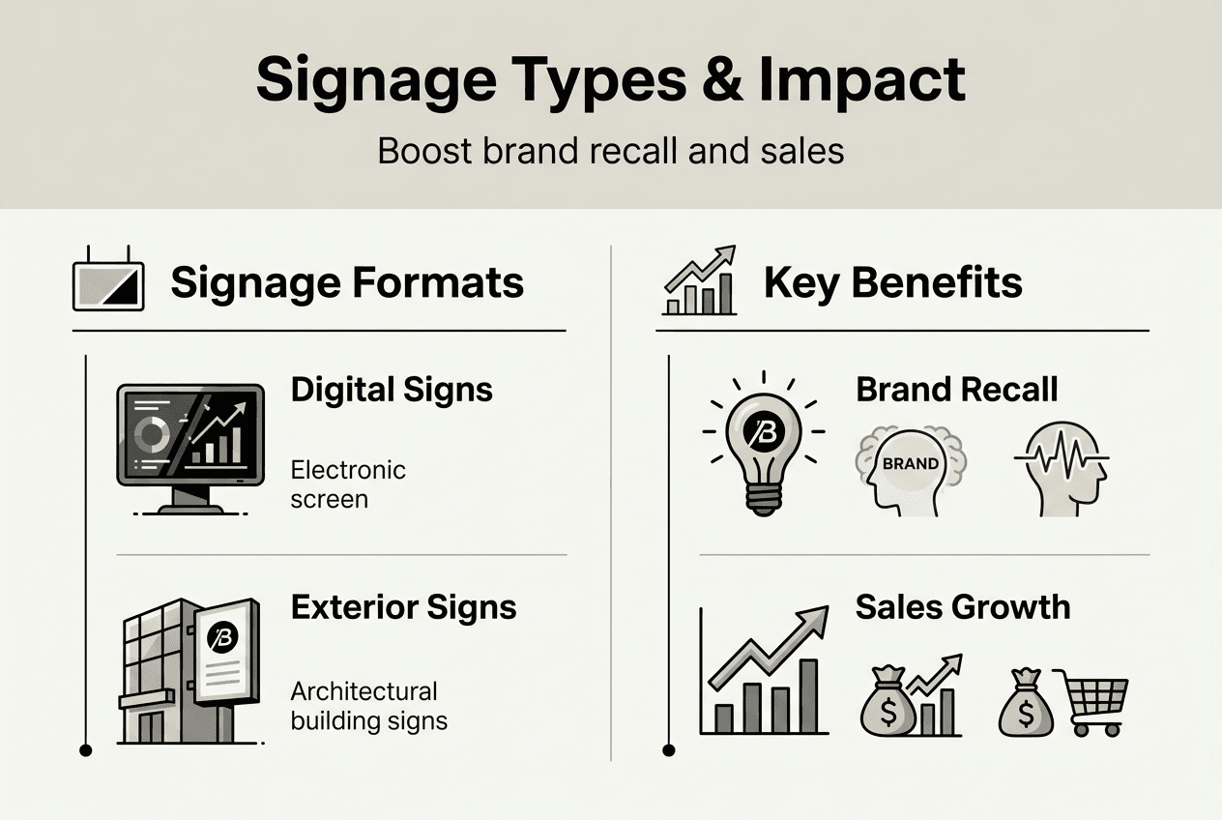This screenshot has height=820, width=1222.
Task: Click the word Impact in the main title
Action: (861, 80)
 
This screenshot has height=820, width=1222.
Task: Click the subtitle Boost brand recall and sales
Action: (610, 152)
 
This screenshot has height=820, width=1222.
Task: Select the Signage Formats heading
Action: (347, 283)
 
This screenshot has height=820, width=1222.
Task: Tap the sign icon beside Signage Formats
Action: (108, 283)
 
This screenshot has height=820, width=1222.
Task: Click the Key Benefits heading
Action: (892, 283)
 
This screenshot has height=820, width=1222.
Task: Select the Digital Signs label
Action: (392, 390)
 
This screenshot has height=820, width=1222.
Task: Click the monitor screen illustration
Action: (190, 437)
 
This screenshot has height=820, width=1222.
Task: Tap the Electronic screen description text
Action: (348, 484)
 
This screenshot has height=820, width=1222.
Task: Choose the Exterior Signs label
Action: (403, 607)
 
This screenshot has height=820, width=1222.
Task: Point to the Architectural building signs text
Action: (368, 706)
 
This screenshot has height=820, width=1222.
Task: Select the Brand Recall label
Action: (956, 390)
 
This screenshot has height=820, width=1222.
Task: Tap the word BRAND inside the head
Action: (910, 463)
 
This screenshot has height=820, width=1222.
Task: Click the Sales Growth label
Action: (962, 607)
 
